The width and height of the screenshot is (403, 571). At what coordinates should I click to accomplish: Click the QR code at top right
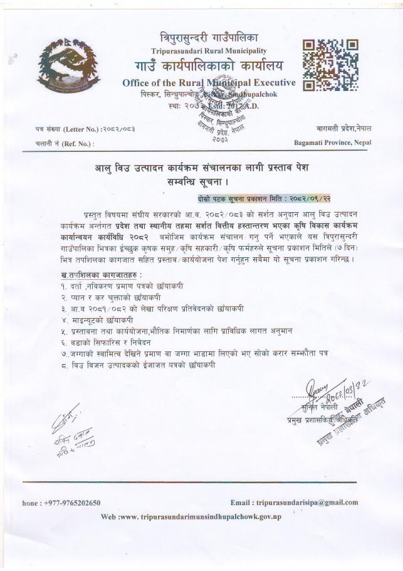tap(330, 65)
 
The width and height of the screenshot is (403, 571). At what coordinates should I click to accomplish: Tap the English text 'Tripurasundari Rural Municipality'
tap(209, 50)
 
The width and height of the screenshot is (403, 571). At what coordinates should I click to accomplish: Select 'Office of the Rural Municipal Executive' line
tap(209, 83)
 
